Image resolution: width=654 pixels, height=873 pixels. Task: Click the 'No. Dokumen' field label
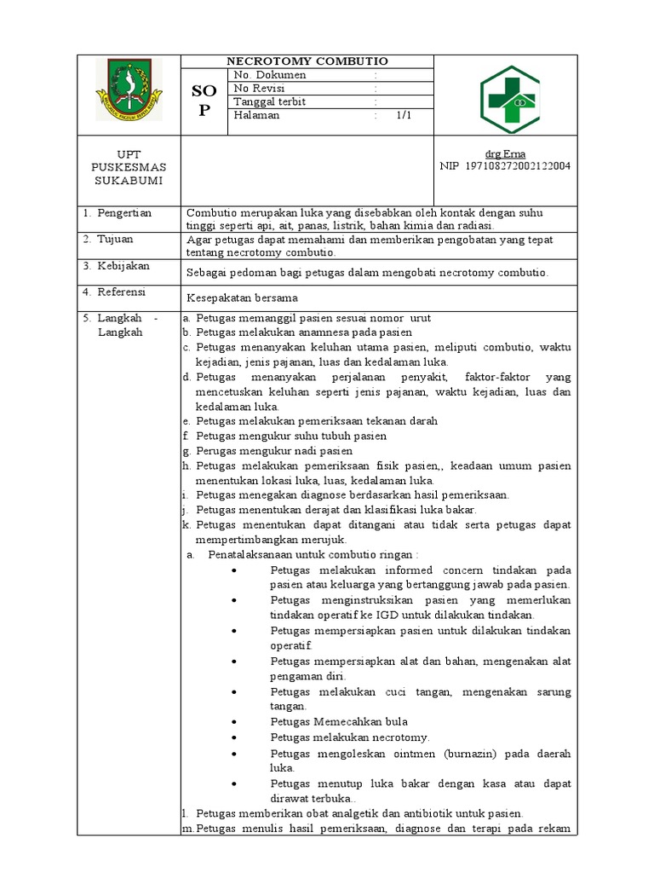pyautogui.click(x=270, y=75)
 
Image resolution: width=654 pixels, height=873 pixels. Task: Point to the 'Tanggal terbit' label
pyautogui.click(x=270, y=102)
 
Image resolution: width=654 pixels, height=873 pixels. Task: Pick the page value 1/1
pyautogui.click(x=403, y=115)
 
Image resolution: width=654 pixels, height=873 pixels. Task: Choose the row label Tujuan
pyautogui.click(x=115, y=240)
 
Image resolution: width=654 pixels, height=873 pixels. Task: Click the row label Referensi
pyautogui.click(x=121, y=292)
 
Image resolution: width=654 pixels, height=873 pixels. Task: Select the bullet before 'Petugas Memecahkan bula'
pyautogui.click(x=233, y=722)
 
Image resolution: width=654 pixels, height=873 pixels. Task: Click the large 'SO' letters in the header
pyautogui.click(x=204, y=91)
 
